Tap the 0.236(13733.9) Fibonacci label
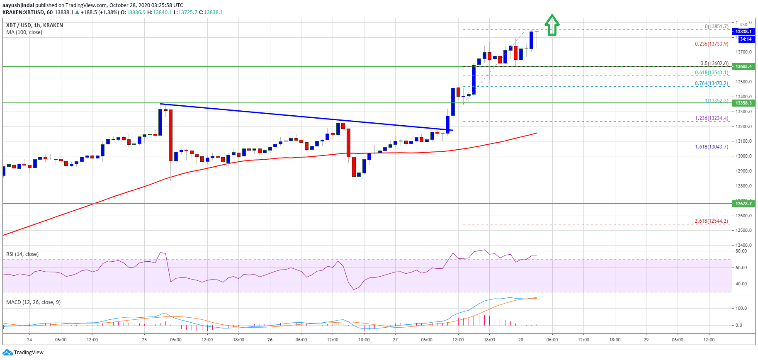click(x=712, y=44)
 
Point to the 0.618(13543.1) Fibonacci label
click(x=712, y=73)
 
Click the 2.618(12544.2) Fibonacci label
click(x=711, y=221)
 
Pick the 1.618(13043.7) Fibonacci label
click(x=712, y=147)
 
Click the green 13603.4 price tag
click(x=743, y=66)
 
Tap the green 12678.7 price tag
click(x=743, y=204)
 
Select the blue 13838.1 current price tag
click(x=743, y=32)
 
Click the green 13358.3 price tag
click(x=743, y=103)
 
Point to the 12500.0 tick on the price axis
click(x=743, y=230)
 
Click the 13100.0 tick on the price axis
click(x=743, y=141)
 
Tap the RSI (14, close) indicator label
click(x=22, y=254)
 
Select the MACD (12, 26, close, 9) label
click(x=33, y=302)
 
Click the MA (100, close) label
click(x=24, y=32)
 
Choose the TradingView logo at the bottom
click(x=23, y=353)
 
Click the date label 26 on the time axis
click(x=270, y=340)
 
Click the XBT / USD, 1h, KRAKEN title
click(x=34, y=25)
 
